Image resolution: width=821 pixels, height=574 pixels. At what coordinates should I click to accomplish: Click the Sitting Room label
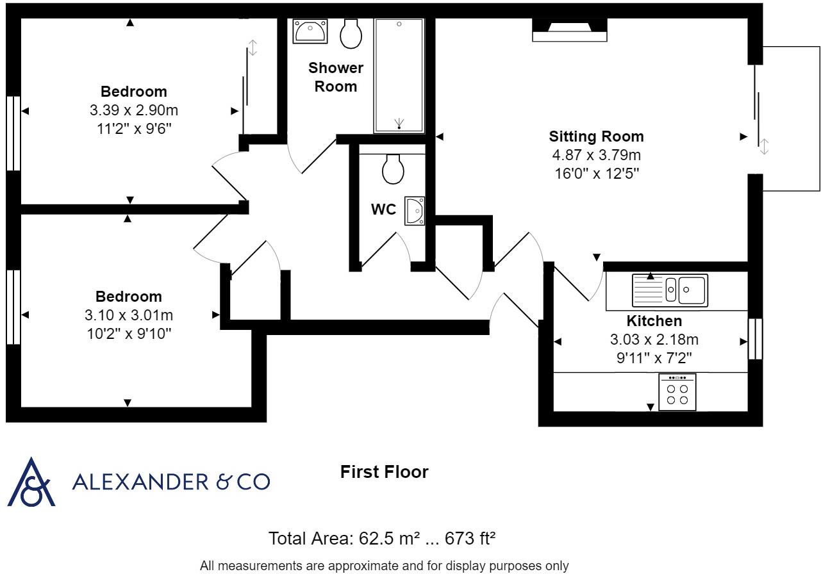click(596, 136)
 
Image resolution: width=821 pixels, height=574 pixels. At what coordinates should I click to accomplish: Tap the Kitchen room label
click(654, 321)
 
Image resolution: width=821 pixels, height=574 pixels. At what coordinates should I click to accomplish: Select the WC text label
click(383, 209)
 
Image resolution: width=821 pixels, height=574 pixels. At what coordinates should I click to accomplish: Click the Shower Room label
click(336, 77)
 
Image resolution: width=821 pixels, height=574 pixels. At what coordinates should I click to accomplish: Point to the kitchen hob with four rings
click(677, 392)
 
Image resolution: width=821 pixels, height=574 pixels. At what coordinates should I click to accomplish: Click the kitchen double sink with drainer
click(670, 290)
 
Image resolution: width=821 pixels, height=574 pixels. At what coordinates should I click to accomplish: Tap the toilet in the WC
click(392, 168)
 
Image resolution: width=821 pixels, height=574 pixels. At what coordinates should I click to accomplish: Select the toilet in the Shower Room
click(351, 33)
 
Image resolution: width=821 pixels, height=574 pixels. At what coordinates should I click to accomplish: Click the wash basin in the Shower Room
click(310, 30)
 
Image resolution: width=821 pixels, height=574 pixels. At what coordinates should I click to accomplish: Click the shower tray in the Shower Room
click(399, 76)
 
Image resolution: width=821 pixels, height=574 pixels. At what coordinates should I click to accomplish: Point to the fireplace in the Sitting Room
click(569, 29)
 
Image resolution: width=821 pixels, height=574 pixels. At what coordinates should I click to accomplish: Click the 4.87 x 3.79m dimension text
click(596, 155)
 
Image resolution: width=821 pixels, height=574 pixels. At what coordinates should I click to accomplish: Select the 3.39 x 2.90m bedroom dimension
click(133, 110)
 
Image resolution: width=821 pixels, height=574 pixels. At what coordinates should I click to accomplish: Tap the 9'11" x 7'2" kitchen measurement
click(654, 357)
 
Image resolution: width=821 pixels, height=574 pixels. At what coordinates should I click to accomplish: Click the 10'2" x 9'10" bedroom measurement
click(129, 333)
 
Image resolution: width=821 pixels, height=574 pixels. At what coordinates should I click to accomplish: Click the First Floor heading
click(384, 472)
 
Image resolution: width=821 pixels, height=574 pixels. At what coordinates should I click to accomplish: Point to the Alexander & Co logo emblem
click(31, 482)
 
